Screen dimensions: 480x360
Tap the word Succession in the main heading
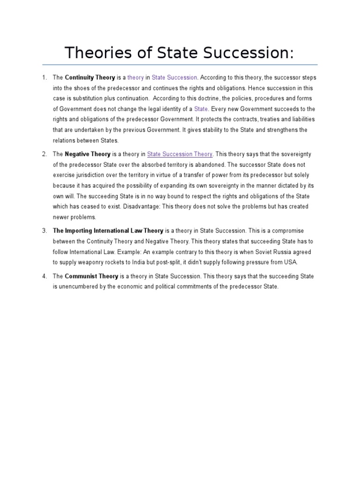(247, 52)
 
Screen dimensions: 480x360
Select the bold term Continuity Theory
(88, 77)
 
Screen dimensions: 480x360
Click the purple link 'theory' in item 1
(136, 77)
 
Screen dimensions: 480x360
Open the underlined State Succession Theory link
(180, 154)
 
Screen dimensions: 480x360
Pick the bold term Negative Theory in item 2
(88, 154)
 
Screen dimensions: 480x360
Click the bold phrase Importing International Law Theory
(108, 231)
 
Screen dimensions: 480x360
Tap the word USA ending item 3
(291, 262)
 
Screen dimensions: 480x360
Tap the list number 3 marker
(45, 231)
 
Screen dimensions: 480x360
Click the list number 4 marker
(45, 277)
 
